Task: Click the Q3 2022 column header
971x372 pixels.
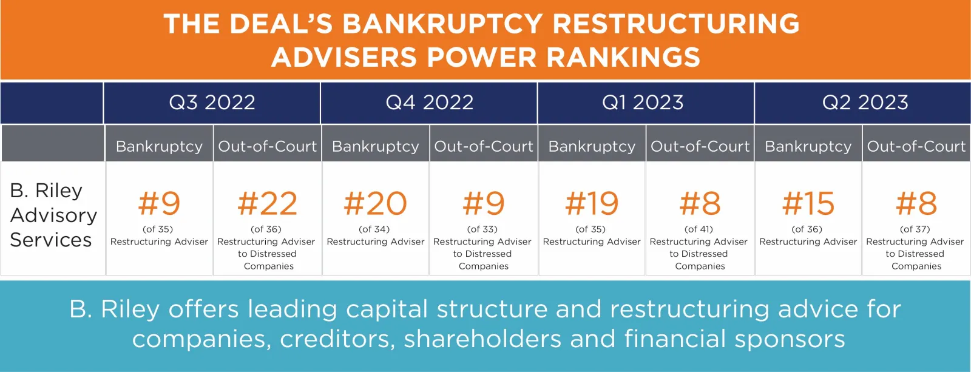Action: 212,103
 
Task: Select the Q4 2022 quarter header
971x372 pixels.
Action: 430,103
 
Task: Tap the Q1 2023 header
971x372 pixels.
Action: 643,103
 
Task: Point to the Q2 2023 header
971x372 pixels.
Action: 865,103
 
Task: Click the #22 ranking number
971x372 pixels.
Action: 268,203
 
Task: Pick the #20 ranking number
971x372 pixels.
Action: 376,203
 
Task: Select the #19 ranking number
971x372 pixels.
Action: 592,203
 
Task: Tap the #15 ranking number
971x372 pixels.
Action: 808,203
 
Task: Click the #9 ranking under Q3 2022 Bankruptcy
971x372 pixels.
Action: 159,203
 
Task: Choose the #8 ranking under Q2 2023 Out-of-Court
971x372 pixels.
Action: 916,203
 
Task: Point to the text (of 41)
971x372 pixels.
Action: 699,229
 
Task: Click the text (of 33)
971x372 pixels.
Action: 482,229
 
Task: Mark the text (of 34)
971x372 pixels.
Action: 374,229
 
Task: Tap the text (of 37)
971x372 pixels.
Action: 915,229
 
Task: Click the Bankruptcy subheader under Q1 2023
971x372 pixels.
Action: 592,146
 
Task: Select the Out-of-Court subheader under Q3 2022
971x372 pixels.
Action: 268,146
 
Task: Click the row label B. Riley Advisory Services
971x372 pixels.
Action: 53,215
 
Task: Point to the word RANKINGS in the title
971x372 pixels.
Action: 623,57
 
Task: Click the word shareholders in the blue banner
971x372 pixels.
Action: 482,339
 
